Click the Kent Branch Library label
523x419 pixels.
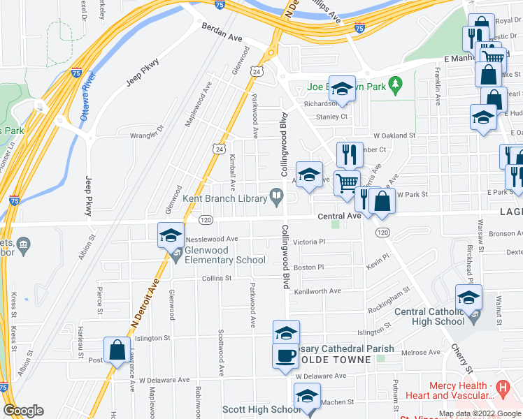[226, 199]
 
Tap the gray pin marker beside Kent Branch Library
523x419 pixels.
[278, 199]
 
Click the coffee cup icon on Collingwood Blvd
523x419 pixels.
[285, 355]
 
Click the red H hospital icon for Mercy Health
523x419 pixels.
[501, 386]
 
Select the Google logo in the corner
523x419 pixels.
[23, 411]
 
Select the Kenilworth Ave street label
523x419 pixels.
[317, 291]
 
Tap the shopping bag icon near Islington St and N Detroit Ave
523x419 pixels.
[117, 350]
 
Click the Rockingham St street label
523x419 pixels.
[389, 301]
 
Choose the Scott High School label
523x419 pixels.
[251, 409]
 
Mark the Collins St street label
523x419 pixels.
[217, 278]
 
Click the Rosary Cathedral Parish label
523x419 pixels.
[345, 348]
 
